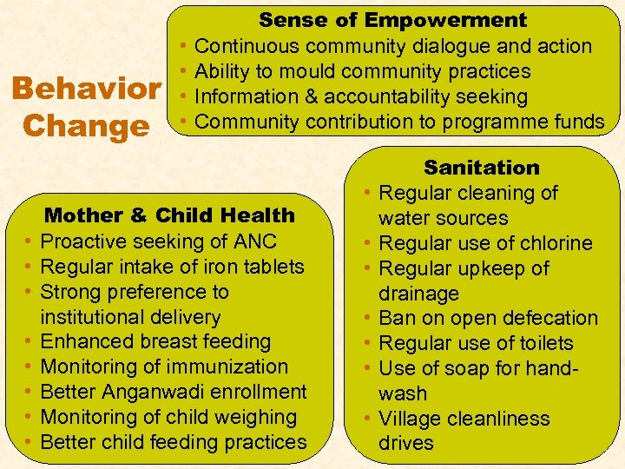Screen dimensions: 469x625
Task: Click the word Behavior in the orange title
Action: point(86,89)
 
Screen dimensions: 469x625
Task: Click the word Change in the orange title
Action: point(86,126)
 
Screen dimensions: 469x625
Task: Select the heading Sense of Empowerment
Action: point(392,20)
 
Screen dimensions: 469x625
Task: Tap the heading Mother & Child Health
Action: point(169,215)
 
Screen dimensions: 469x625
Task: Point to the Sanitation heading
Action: point(481,168)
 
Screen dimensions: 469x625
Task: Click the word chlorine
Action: point(552,243)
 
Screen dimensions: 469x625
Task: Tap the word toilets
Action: point(541,343)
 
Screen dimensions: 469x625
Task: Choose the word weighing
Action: point(258,417)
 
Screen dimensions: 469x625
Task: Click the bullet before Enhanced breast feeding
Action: point(29,342)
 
